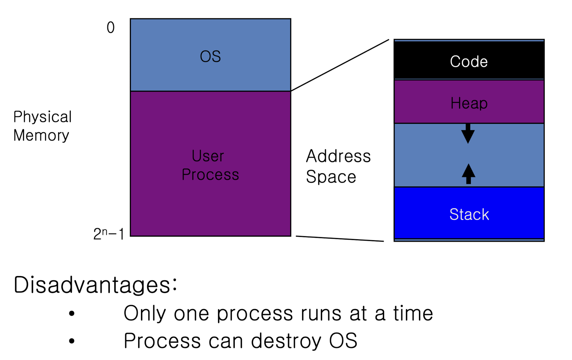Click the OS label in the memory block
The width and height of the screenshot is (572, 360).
(210, 57)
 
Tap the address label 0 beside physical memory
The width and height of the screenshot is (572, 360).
(111, 27)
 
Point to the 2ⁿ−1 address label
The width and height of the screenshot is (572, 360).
(109, 234)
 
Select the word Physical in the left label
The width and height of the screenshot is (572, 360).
(42, 117)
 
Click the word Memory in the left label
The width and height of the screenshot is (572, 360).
(41, 136)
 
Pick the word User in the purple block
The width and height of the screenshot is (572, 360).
(208, 156)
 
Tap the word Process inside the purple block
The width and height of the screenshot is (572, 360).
(210, 175)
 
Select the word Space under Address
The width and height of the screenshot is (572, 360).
(331, 177)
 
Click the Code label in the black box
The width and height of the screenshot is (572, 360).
(469, 61)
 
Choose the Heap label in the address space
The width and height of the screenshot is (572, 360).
(469, 103)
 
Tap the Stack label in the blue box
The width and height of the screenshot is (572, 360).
(469, 214)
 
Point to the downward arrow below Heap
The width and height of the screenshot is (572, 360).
(468, 134)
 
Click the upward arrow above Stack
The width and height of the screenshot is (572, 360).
(468, 174)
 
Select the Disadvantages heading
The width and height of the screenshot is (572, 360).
(95, 285)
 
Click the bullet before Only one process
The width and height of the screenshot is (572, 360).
(72, 314)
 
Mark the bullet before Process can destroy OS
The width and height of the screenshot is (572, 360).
(72, 341)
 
